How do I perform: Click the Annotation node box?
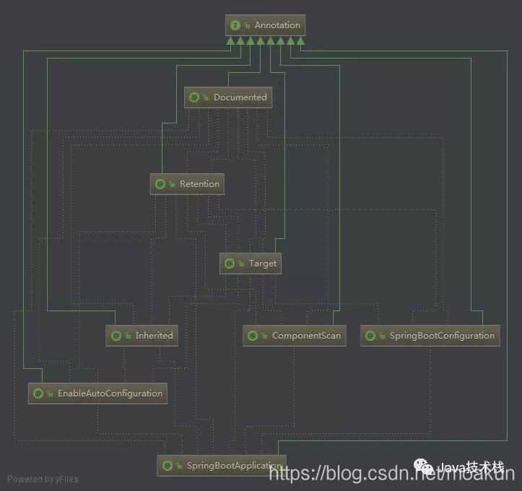click(x=265, y=25)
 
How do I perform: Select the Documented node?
click(x=228, y=97)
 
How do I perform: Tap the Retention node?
click(x=187, y=184)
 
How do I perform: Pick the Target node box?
click(x=250, y=264)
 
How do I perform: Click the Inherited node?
click(x=142, y=336)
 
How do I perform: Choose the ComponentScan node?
click(x=294, y=336)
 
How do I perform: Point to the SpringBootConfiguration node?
click(x=430, y=336)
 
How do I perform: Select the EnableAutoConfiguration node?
click(x=97, y=394)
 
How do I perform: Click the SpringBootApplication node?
click(x=222, y=466)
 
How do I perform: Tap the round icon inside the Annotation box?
click(x=235, y=25)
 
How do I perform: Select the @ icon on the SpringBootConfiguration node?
click(x=370, y=336)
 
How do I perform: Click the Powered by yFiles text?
click(x=43, y=479)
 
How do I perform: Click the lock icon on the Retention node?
click(x=172, y=184)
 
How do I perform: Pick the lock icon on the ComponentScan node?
click(x=264, y=336)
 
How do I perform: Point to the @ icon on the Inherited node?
click(x=116, y=336)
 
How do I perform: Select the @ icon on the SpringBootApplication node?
click(x=167, y=466)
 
